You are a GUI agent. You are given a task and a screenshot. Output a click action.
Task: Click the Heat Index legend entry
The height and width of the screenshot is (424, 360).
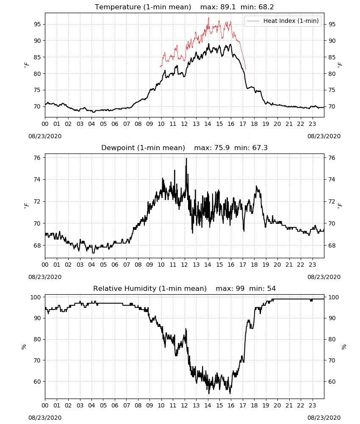tap(283, 21)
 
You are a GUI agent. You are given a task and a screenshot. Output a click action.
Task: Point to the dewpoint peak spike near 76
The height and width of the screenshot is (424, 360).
tap(186, 159)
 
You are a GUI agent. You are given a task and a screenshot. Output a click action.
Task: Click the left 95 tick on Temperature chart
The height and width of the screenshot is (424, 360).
tap(37, 24)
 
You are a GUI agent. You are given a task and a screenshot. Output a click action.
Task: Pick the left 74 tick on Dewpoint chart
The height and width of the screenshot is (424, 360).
tap(37, 179)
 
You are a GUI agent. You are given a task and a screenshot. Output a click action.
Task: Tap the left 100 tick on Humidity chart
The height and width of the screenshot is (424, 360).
tap(36, 297)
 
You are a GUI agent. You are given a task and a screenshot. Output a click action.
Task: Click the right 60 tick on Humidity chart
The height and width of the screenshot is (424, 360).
tap(332, 382)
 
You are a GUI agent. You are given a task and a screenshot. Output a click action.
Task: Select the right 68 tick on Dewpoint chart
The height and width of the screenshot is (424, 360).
tap(332, 245)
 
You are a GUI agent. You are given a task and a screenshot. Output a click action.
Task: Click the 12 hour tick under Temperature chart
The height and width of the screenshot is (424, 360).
tap(185, 124)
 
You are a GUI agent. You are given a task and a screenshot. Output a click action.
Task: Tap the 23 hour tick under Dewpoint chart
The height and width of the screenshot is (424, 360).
tap(312, 265)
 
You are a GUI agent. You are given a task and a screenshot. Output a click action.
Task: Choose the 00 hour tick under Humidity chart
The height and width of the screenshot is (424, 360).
tap(45, 406)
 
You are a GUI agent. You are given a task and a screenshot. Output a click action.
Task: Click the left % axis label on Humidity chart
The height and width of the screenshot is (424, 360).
tap(24, 347)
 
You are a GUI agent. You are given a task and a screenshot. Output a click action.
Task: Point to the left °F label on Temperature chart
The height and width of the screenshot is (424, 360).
tap(26, 65)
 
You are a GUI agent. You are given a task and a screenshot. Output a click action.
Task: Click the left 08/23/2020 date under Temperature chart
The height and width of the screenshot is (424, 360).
tap(45, 136)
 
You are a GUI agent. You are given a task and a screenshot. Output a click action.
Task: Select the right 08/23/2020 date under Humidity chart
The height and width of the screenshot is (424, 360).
tap(324, 418)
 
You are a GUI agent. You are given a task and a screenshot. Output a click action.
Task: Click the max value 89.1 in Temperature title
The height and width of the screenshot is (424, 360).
tap(228, 7)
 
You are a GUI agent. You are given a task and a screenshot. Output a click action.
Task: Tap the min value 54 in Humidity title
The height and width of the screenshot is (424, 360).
tap(271, 288)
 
